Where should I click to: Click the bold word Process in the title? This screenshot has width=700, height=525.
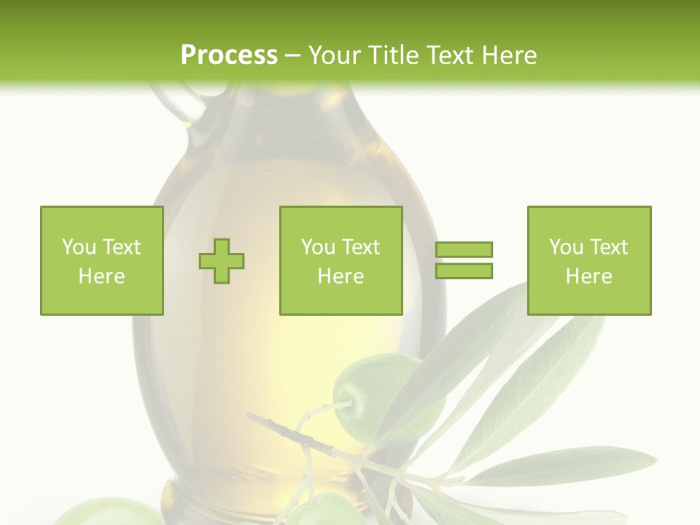(229, 55)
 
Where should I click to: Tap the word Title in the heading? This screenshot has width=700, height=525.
(394, 55)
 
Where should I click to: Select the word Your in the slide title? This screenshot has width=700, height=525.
(336, 55)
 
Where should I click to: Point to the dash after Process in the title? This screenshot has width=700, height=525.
(292, 56)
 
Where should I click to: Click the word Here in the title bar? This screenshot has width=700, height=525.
(507, 55)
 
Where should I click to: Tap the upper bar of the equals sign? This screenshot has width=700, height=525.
(464, 250)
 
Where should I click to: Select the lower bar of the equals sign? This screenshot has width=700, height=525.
(464, 271)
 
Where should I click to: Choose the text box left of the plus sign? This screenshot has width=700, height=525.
(101, 260)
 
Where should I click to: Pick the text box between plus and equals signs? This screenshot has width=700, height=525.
(341, 260)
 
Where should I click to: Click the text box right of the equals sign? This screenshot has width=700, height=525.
(588, 260)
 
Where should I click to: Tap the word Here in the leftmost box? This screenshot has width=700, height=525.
(101, 276)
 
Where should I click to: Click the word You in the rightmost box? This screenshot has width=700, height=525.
(565, 247)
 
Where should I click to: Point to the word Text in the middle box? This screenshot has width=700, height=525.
(361, 247)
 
